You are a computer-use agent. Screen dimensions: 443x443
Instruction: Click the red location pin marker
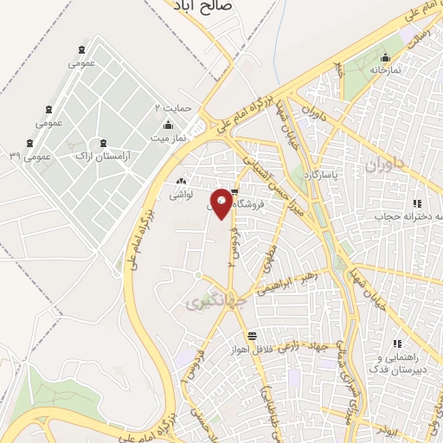221,203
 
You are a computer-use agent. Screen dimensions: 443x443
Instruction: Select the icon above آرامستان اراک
104,142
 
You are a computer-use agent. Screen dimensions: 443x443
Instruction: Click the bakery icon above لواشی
181,182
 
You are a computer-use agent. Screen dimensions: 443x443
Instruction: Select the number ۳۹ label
15,156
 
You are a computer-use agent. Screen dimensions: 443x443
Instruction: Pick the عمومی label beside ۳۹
37,157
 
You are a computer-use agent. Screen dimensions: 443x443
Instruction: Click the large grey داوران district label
384,164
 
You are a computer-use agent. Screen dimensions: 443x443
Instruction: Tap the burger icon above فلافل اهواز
251,336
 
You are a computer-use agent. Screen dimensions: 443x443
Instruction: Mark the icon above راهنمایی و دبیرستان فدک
397,344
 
